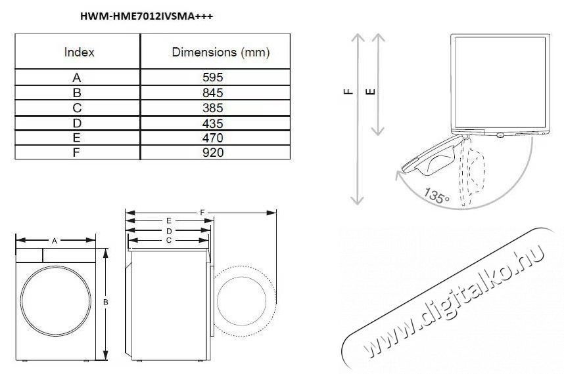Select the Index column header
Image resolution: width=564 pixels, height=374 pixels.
click(79, 52)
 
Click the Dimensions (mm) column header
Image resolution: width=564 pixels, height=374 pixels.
click(220, 52)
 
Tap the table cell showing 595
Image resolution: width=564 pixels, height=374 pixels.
click(214, 77)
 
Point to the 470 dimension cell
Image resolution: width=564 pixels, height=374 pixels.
click(214, 138)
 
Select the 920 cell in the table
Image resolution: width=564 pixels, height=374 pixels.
click(214, 152)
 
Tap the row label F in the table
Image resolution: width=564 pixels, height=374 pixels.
click(78, 152)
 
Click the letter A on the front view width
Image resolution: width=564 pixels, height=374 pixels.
click(55, 241)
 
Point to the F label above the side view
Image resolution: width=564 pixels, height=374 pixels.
click(202, 213)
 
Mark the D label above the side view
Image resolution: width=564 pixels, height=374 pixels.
click(169, 231)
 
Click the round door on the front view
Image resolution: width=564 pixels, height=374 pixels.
click(57, 301)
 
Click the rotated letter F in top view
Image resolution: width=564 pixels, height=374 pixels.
click(348, 93)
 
